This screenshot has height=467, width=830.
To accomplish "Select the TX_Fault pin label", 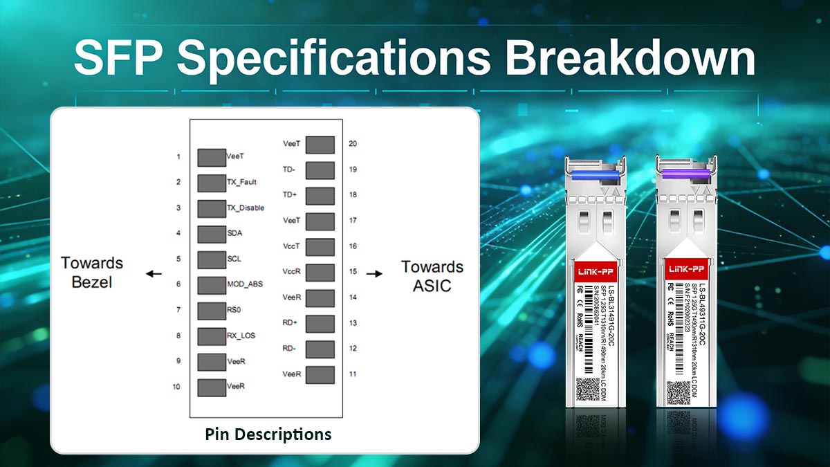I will click(242, 182).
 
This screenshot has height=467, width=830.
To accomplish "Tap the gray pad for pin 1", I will click(212, 157).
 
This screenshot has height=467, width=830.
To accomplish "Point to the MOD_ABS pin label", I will click(245, 284).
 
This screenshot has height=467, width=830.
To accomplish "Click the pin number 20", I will click(353, 144).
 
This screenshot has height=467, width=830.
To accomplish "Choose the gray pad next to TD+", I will click(320, 196).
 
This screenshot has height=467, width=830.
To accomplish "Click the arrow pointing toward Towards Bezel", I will click(154, 273).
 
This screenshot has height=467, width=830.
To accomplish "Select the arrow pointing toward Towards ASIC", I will click(374, 273).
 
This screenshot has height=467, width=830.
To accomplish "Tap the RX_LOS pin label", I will click(241, 336).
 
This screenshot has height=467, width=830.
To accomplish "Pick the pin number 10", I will click(177, 387).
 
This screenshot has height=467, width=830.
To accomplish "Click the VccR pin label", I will click(290, 272).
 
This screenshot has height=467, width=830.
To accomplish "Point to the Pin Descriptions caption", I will click(268, 434).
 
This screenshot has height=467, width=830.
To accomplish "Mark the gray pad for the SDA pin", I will click(212, 234).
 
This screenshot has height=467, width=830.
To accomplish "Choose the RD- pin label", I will click(290, 348).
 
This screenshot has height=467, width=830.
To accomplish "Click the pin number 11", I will click(353, 374).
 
